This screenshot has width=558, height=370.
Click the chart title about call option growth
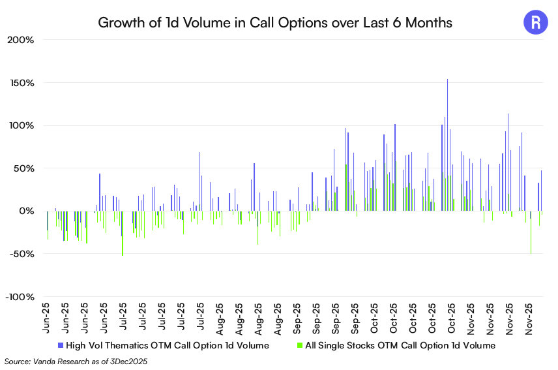click(274, 23)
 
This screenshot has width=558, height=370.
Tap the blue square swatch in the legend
click(61, 345)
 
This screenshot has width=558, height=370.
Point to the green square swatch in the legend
click(300, 345)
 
